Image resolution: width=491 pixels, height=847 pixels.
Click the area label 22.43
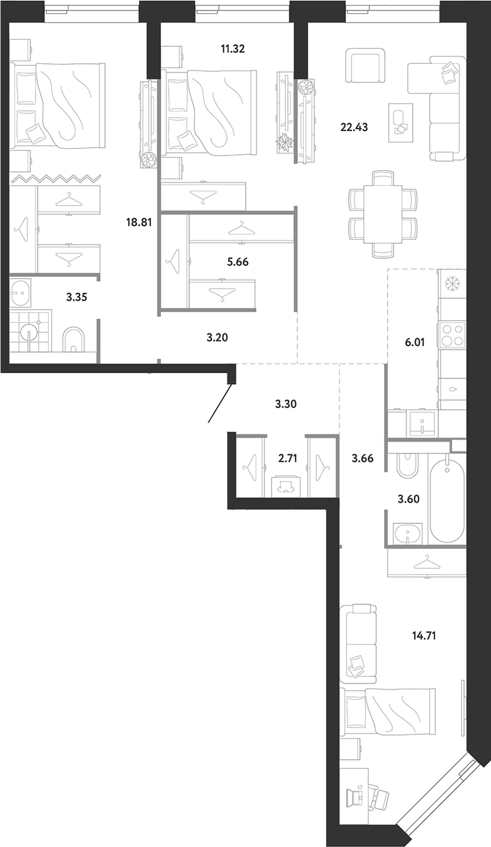click(x=354, y=127)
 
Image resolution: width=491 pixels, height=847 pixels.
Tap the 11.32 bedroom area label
click(x=233, y=49)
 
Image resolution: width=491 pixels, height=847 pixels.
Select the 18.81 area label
click(x=138, y=222)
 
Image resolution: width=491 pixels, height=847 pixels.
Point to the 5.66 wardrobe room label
click(x=237, y=262)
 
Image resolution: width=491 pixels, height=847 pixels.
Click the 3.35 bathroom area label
click(x=76, y=297)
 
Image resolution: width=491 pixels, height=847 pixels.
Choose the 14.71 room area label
click(x=424, y=636)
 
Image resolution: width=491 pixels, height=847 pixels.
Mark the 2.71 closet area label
click(x=287, y=459)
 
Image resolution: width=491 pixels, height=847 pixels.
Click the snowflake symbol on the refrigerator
click(x=451, y=284)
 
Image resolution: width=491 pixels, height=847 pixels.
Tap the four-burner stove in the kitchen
click(x=453, y=335)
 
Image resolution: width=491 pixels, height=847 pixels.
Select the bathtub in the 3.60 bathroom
click(x=448, y=499)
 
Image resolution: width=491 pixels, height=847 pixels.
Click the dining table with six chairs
click(x=382, y=214)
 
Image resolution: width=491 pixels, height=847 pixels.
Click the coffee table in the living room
click(x=401, y=123)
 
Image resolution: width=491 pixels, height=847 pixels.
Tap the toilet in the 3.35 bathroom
click(x=74, y=339)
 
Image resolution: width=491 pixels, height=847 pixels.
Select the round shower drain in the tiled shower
click(x=27, y=334)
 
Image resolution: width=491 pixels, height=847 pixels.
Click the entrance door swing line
click(x=220, y=403)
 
